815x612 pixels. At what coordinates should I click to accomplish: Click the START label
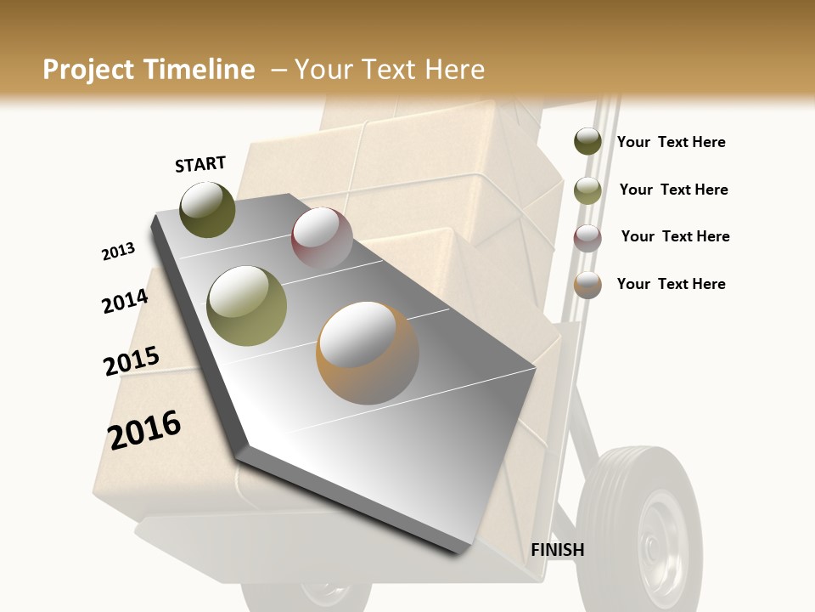click(x=200, y=164)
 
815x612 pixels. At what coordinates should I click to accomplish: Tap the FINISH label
click(x=557, y=550)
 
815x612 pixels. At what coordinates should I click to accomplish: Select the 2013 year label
click(x=118, y=252)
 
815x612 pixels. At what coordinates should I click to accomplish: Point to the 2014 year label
click(x=125, y=302)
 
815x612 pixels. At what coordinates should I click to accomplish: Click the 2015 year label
click(x=131, y=361)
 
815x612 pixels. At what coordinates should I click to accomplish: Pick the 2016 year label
click(x=144, y=429)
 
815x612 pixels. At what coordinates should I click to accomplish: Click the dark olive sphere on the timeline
click(x=207, y=209)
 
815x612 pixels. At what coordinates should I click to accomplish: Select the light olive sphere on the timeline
click(x=246, y=305)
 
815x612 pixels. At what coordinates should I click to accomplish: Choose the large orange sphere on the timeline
click(x=367, y=353)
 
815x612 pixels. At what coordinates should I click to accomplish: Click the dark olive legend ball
click(x=587, y=141)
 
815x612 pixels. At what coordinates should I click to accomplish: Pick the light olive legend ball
click(x=587, y=190)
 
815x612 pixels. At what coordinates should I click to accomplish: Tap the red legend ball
click(x=587, y=238)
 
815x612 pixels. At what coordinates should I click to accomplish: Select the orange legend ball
click(x=587, y=285)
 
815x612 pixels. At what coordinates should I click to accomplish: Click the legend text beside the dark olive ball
click(x=671, y=142)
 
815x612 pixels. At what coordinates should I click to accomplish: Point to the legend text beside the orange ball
click(x=671, y=284)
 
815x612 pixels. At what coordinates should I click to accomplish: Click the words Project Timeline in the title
click(x=149, y=70)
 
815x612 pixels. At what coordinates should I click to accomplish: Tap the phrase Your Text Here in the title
click(x=389, y=70)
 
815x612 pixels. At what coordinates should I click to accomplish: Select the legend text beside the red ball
click(x=675, y=236)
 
